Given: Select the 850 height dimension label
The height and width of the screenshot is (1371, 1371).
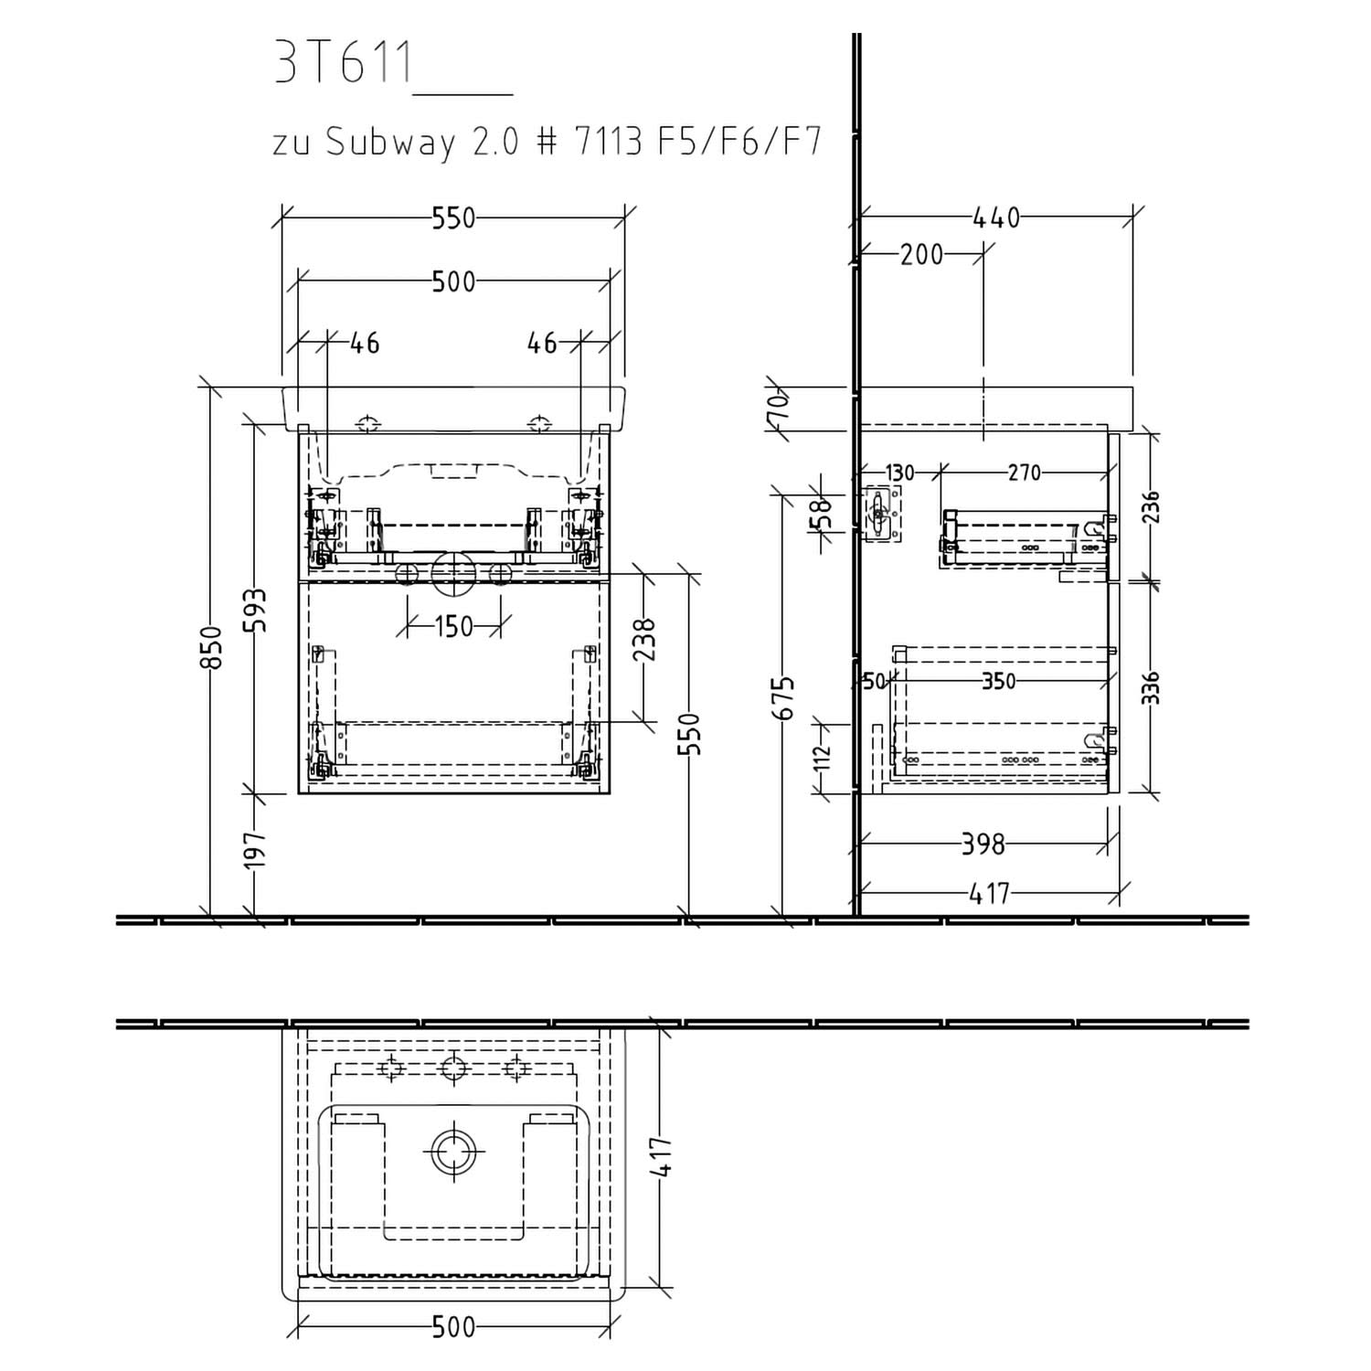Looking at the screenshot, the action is click(212, 647).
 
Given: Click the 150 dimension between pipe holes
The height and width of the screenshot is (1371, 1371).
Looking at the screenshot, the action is click(454, 627).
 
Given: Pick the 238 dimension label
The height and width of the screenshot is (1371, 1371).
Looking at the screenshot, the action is click(645, 640).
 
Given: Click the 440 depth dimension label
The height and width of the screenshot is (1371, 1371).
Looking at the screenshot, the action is click(995, 218).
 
